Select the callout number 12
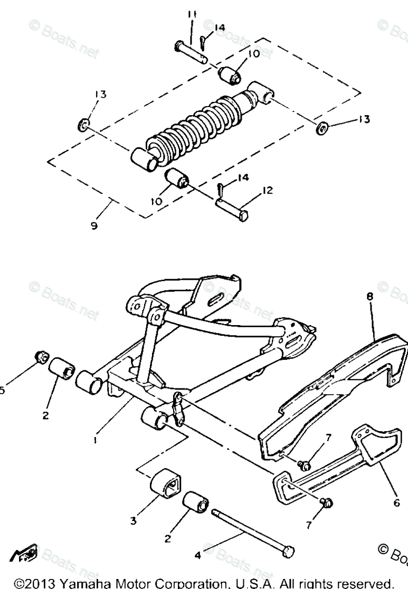tap(268, 191)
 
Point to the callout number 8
tap(369, 297)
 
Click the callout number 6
tap(396, 503)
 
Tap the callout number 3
tap(134, 521)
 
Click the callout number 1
tap(95, 439)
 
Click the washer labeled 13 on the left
tap(83, 125)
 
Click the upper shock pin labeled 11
tap(192, 51)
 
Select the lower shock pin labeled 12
tap(232, 209)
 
